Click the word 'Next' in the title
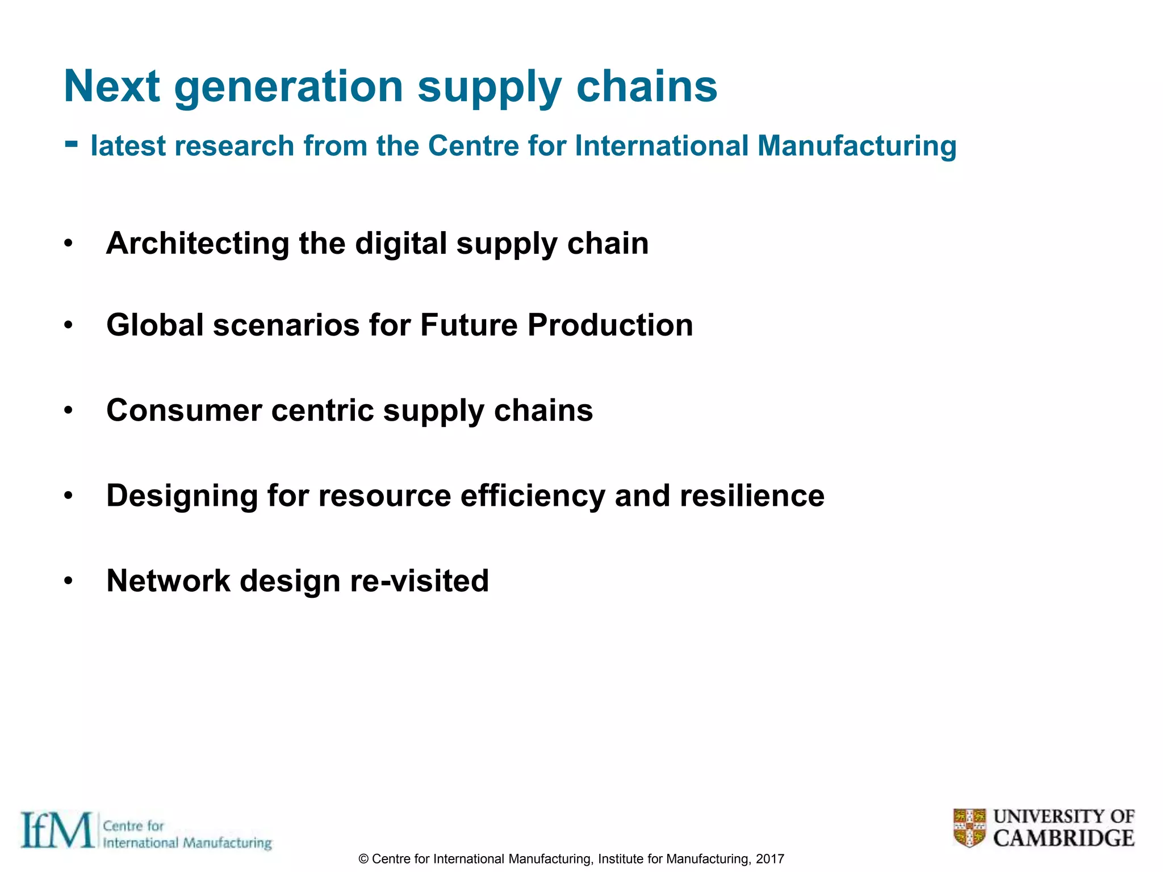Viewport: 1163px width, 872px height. tap(112, 86)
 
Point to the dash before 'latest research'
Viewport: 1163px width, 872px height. tap(71, 144)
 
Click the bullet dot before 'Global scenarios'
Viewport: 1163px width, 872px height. tap(69, 326)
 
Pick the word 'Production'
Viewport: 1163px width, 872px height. tap(610, 325)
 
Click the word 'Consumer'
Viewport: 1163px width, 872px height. tap(184, 410)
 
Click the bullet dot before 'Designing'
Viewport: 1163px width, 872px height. tap(69, 496)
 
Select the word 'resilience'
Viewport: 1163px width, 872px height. tap(752, 496)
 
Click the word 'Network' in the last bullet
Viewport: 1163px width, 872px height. tap(168, 581)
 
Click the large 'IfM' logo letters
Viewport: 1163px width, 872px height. tap(57, 831)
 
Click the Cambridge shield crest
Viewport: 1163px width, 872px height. tap(969, 828)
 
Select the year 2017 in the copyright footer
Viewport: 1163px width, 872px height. tap(770, 859)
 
